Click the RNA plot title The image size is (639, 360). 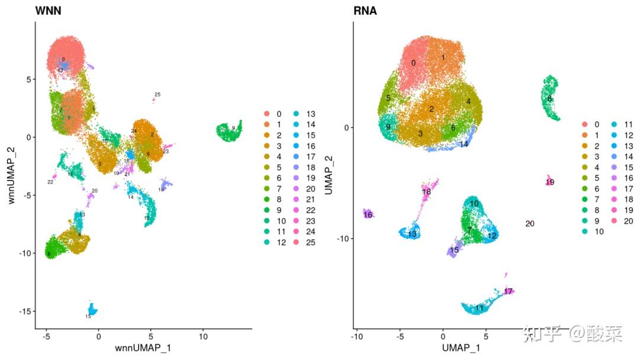point(365,11)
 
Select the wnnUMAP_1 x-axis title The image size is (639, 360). point(144,348)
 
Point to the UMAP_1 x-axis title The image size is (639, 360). point(461,348)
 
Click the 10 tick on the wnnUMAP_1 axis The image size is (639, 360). point(203,336)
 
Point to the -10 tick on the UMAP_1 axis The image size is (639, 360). point(356,336)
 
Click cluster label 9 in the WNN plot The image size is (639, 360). point(234,128)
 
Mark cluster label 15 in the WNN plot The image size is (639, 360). point(88,317)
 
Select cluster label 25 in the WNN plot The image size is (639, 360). point(157,95)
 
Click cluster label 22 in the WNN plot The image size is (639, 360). point(50,182)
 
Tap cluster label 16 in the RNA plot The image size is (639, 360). point(368,214)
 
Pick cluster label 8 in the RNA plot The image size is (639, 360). point(549,98)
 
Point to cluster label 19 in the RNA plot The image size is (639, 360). point(550,182)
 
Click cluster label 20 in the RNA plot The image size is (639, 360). point(530,223)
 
